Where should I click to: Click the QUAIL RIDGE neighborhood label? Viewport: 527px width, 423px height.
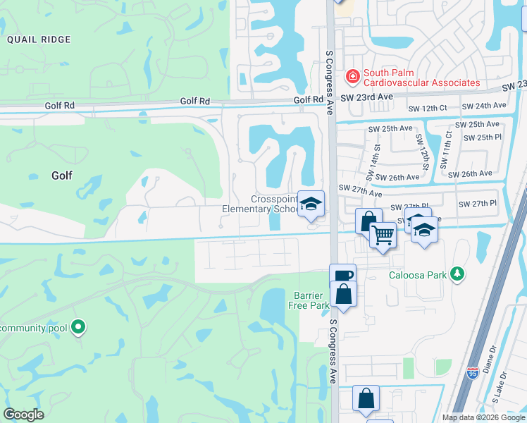point(39,40)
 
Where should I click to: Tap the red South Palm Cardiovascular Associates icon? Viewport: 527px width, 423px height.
point(351,75)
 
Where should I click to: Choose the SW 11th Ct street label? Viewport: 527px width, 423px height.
point(447,149)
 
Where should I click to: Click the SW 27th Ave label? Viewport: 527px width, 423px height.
point(360,190)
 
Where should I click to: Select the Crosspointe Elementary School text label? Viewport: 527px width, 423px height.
point(260,204)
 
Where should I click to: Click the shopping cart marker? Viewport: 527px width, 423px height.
point(383,234)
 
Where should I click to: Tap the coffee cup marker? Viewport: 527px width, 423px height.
point(342,276)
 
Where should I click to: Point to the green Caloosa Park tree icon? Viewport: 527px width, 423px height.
point(458,274)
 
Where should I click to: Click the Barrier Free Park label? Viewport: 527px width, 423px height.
point(311,300)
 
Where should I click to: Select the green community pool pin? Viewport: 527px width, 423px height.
point(79,327)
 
